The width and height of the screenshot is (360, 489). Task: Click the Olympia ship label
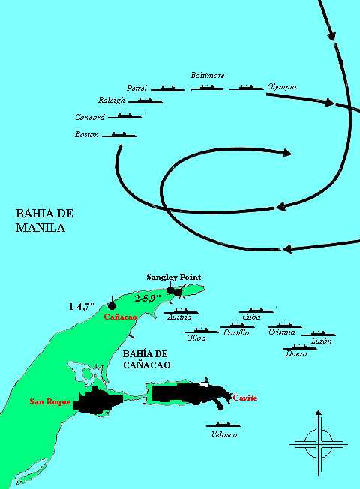tap(282, 87)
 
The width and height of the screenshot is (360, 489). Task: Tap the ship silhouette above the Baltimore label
tap(207, 88)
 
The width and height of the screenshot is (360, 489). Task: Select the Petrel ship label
tap(137, 88)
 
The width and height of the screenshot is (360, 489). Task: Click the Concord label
tap(90, 117)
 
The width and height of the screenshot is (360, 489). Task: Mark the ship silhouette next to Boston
tap(119, 135)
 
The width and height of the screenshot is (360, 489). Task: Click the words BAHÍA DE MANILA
tap(44, 220)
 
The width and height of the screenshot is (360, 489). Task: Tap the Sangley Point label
tap(173, 277)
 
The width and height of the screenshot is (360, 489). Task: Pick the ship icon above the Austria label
tap(181, 310)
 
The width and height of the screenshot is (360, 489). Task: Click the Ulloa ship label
tap(196, 339)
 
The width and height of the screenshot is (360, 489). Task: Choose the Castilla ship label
tap(237, 332)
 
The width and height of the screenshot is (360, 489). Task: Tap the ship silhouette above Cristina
tap(284, 325)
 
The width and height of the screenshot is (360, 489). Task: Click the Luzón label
tap(321, 340)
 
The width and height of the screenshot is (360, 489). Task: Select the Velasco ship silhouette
tap(223, 425)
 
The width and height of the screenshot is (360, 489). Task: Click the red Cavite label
tap(244, 397)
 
